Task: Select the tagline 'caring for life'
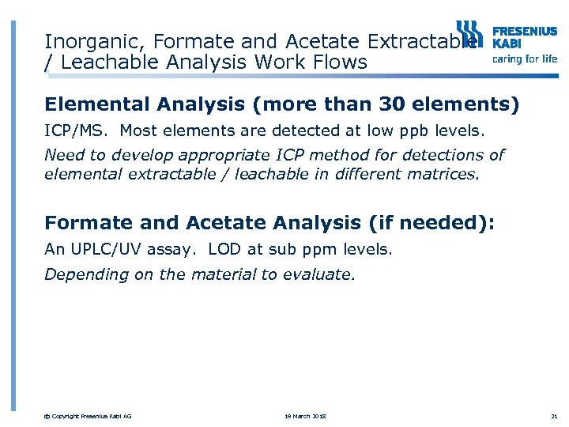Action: pos(525,59)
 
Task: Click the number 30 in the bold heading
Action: pos(394,104)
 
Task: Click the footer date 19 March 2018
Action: pos(304,416)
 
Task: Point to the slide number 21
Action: pos(552,416)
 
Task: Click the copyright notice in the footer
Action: pos(89,416)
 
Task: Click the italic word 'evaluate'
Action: pos(322,274)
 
